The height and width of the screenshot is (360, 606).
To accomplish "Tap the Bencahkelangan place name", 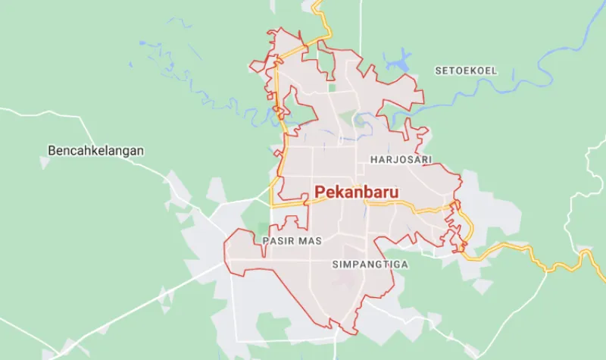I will coord(95,151).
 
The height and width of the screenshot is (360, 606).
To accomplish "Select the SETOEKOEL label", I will coord(466,70).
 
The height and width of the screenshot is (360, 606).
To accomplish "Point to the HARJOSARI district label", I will coord(401,160).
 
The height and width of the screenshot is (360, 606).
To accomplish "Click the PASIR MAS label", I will coord(292,241).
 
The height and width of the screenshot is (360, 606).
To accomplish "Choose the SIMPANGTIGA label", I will coord(370,265).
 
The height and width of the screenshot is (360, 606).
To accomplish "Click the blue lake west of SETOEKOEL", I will coord(397,58).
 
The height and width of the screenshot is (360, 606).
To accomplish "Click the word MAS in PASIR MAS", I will coord(311,241).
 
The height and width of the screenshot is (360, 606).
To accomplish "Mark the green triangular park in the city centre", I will coord(346,119).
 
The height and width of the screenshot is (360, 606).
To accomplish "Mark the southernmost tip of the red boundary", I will coord(350,333).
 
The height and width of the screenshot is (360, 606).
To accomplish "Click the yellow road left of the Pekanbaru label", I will coord(292,204).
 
